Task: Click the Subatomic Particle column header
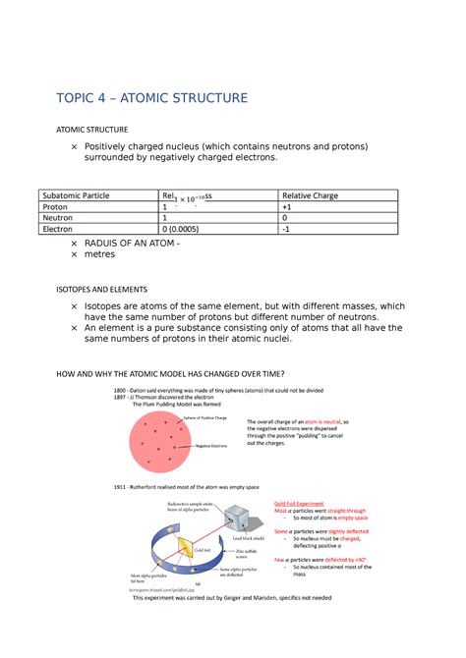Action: (81, 195)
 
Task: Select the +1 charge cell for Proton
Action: (287, 207)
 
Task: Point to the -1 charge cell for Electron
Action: (286, 229)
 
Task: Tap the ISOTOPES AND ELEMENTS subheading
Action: (100, 290)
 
